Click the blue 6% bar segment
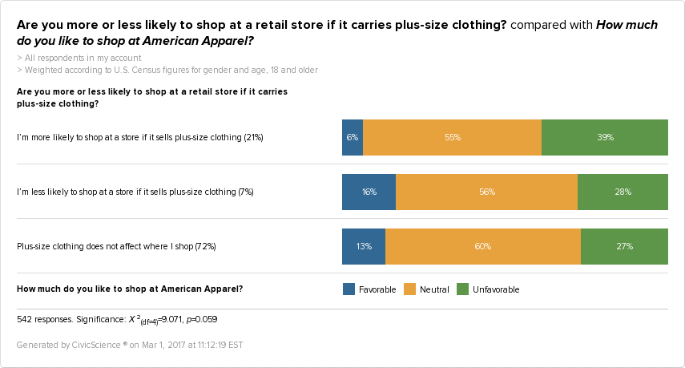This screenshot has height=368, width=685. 352,137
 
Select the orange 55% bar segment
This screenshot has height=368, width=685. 452,137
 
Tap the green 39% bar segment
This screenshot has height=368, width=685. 605,137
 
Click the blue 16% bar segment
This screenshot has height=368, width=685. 369,192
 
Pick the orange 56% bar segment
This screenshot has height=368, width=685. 486,192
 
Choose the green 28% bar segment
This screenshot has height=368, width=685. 623,192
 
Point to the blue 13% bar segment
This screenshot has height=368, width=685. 364,246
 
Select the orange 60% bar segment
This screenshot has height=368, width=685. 482,246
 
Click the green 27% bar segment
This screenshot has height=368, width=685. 624,246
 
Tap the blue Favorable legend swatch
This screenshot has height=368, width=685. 349,289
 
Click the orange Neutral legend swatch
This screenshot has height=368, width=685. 409,289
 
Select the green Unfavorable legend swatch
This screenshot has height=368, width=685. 462,289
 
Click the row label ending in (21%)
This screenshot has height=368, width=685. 140,137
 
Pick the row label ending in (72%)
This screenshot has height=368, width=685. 116,246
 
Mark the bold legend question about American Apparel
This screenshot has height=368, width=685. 130,288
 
